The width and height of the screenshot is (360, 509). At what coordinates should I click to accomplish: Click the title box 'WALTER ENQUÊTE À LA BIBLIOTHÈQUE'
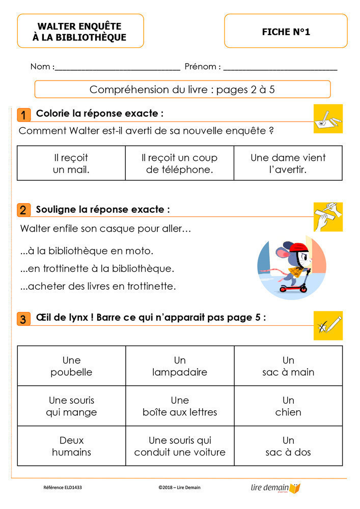tap(80, 31)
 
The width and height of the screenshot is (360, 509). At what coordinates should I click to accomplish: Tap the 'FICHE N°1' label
tap(286, 32)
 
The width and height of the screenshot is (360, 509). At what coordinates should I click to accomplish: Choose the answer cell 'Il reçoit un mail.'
tap(71, 163)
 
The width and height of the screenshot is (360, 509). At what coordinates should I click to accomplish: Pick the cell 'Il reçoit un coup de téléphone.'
tap(179, 163)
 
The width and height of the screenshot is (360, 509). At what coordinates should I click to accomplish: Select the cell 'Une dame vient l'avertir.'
tap(288, 163)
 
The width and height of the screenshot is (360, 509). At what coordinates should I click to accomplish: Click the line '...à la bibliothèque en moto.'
tap(87, 251)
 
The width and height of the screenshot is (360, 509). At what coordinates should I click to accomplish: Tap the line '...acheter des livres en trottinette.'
tap(98, 287)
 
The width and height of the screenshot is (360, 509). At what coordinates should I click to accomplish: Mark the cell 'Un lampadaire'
tap(180, 366)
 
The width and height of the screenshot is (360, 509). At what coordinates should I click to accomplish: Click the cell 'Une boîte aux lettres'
tap(180, 406)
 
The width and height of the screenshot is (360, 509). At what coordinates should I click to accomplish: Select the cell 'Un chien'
tap(288, 406)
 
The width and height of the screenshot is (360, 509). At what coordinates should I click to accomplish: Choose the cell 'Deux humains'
tap(71, 446)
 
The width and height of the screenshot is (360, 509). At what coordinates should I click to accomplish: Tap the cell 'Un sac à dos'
tap(288, 446)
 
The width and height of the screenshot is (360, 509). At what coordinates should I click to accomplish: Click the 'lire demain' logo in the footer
tap(275, 488)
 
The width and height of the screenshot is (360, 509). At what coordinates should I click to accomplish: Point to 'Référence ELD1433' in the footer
tap(63, 488)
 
